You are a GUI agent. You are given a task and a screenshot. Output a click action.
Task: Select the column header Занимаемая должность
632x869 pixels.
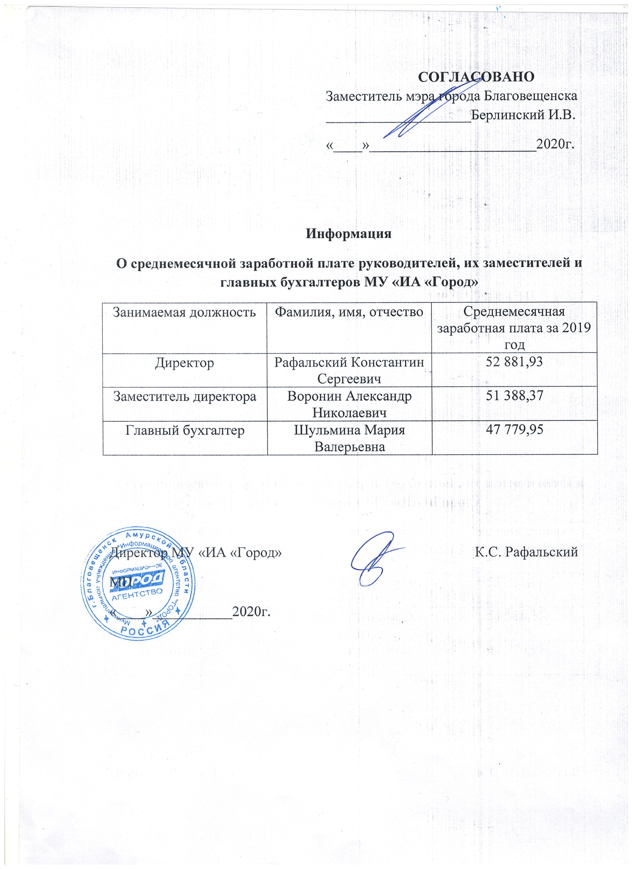coord(184,312)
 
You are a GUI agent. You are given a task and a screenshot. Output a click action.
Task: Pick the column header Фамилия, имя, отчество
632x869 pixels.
coord(349,312)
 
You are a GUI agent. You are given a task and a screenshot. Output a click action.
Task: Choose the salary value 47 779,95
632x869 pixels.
coord(514,430)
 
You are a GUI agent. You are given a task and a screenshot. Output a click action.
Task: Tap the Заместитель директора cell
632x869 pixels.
coord(184,396)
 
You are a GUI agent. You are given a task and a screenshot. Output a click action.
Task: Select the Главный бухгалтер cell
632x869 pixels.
coord(184,430)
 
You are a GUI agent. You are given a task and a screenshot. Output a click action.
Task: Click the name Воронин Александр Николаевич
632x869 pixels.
coord(349,404)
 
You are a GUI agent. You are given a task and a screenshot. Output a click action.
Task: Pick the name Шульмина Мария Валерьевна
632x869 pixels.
coord(349,438)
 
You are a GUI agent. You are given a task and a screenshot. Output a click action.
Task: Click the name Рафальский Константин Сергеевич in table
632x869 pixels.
coord(349,371)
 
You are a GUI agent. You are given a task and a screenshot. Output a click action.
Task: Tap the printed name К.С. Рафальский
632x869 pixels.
coord(526,552)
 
